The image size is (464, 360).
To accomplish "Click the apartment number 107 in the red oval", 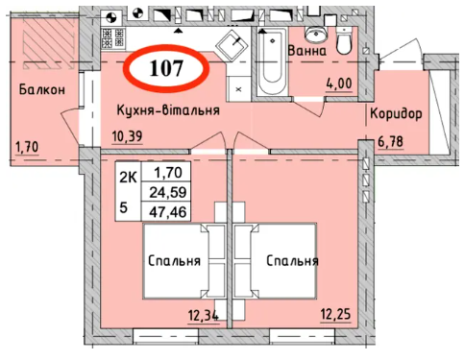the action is pyautogui.click(x=166, y=68).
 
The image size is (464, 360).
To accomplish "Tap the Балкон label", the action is pyautogui.click(x=42, y=89).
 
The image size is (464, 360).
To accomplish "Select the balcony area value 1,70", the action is pyautogui.click(x=27, y=147).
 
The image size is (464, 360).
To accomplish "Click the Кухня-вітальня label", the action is pyautogui.click(x=168, y=110).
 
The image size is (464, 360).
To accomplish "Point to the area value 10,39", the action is pyautogui.click(x=127, y=136).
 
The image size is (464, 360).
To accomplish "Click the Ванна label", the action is pyautogui.click(x=307, y=51).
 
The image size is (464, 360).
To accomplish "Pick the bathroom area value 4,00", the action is pyautogui.click(x=339, y=84).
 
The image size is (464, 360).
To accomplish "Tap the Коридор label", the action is pyautogui.click(x=396, y=114).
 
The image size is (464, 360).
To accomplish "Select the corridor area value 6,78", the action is pyautogui.click(x=390, y=141).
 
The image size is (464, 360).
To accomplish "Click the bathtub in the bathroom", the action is pyautogui.click(x=272, y=61).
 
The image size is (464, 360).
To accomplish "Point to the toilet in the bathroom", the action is pyautogui.click(x=345, y=41).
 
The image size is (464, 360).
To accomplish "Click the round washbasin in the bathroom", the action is pyautogui.click(x=315, y=34).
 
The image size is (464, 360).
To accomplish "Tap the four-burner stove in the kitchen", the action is pyautogui.click(x=112, y=38).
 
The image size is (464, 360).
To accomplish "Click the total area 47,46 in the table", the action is pyautogui.click(x=168, y=211).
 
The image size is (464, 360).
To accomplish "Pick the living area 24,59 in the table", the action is pyautogui.click(x=168, y=192).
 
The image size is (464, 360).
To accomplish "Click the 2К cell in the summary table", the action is pyautogui.click(x=129, y=178).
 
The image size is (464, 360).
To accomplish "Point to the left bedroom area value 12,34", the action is pyautogui.click(x=204, y=316).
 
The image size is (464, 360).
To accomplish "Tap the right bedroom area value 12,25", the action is pyautogui.click(x=335, y=314).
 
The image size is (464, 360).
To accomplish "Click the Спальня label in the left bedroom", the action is pyautogui.click(x=175, y=261).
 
